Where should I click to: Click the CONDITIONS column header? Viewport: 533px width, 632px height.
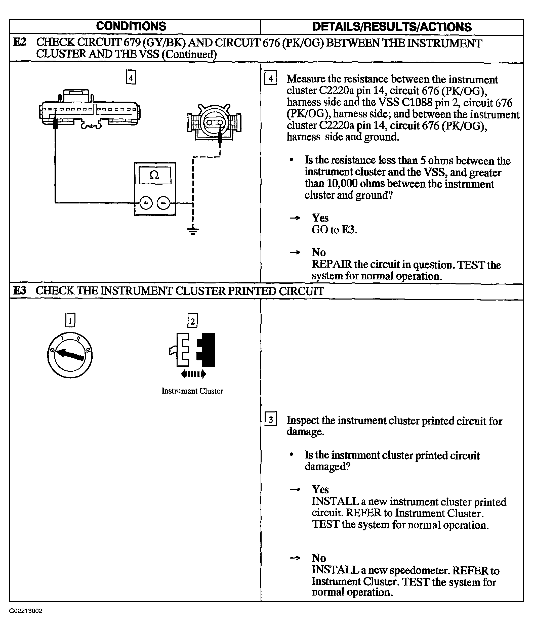(x=131, y=26)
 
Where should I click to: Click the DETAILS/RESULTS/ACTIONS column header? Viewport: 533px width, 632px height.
(x=392, y=27)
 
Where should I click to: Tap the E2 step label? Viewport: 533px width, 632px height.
(x=20, y=42)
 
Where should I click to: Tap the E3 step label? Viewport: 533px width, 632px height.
(x=20, y=291)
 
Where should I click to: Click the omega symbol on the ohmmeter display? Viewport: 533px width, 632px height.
(x=154, y=175)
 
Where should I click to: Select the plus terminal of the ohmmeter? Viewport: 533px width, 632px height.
(x=146, y=203)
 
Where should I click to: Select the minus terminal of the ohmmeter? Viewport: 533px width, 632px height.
(x=163, y=203)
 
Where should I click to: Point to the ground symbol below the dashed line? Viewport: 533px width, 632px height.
(x=193, y=231)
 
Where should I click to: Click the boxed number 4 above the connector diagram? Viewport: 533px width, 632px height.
(x=131, y=78)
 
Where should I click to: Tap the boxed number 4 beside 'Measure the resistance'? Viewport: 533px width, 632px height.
(x=271, y=78)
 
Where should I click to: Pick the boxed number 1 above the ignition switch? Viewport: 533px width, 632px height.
(x=70, y=320)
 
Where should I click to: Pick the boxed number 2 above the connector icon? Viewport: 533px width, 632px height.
(x=192, y=321)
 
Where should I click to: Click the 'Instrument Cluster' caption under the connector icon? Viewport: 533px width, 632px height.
(x=192, y=391)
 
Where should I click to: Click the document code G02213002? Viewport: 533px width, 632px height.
(x=26, y=611)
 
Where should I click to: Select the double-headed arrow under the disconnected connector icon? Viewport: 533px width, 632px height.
(x=194, y=374)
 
